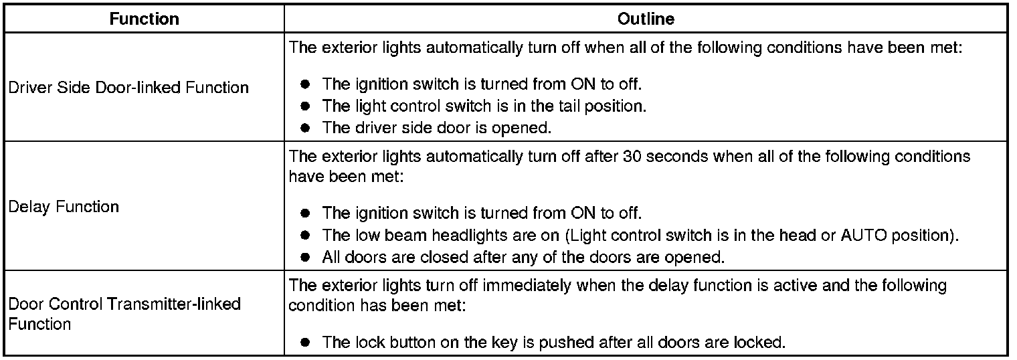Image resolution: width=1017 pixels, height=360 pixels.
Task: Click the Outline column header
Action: pos(646,19)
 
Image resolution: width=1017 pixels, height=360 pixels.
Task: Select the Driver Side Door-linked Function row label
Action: pos(128,88)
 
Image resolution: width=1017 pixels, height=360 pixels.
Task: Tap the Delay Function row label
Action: pos(64,207)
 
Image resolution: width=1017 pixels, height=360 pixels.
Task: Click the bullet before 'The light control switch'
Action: pos(306,106)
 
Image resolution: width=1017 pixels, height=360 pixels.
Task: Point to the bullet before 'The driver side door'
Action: pos(306,127)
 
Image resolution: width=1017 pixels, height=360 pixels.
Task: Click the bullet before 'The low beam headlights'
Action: pos(306,236)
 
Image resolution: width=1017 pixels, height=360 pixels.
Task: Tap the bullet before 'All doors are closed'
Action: pos(306,256)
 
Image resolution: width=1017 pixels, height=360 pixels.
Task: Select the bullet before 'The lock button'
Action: pos(306,343)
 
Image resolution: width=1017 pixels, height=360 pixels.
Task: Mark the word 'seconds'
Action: pos(676,157)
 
